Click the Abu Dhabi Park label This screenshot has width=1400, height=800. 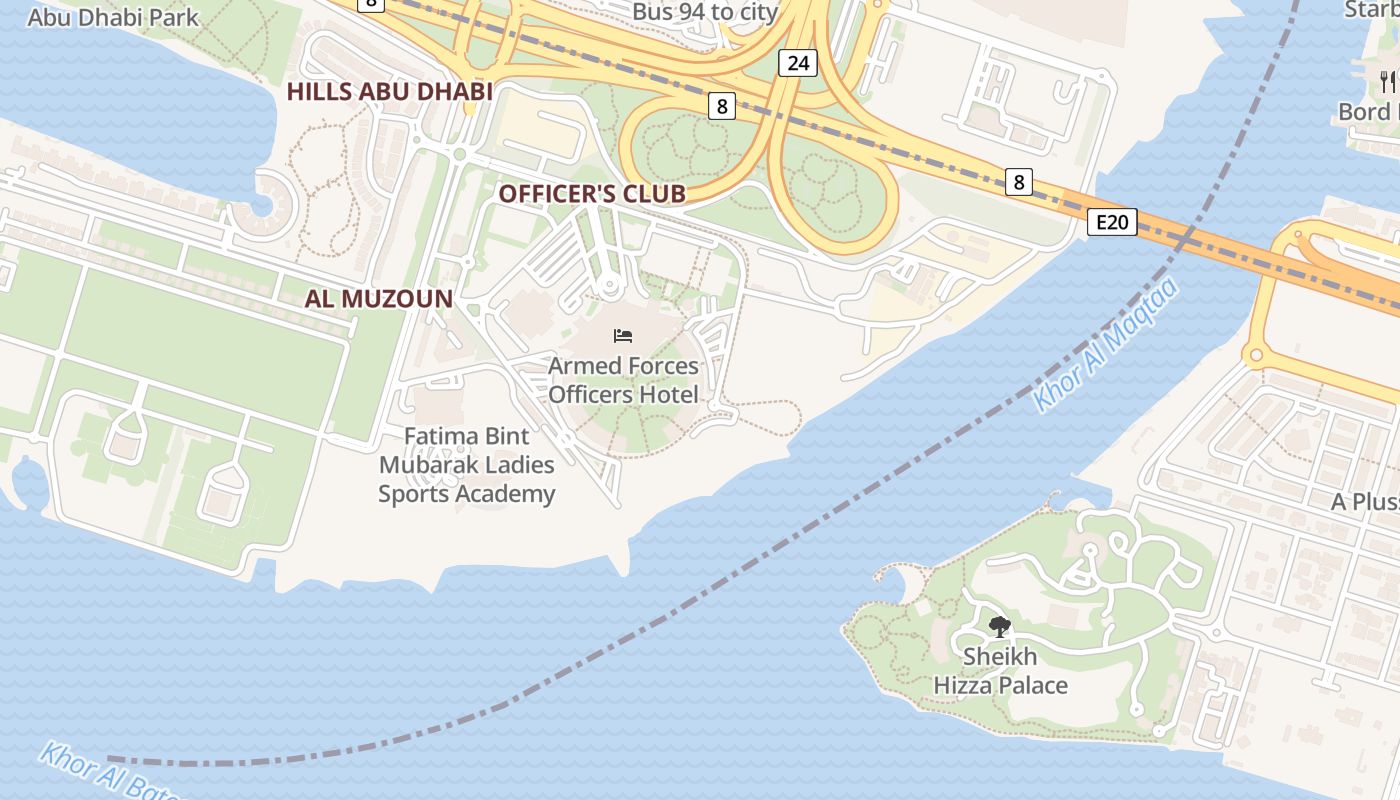pyautogui.click(x=113, y=17)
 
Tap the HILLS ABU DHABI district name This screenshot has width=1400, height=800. pyautogui.click(x=389, y=92)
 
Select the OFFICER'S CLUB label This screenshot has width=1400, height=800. pyautogui.click(x=592, y=194)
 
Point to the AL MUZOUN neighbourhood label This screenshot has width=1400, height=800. pyautogui.click(x=379, y=298)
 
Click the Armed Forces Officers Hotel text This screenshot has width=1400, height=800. pyautogui.click(x=623, y=380)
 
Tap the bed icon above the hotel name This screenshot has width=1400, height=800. pyautogui.click(x=623, y=336)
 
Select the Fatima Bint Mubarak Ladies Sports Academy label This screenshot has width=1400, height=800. pyautogui.click(x=466, y=465)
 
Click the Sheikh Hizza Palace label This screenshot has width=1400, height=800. pyautogui.click(x=1000, y=671)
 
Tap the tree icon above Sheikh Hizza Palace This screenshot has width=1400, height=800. pyautogui.click(x=999, y=627)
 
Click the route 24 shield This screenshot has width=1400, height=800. pyautogui.click(x=797, y=64)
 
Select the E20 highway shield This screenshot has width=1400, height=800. pyautogui.click(x=1112, y=222)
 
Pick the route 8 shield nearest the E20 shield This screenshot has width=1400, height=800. pyautogui.click(x=1019, y=182)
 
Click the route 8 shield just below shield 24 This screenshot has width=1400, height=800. pyautogui.click(x=722, y=106)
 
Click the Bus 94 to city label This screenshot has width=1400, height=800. pyautogui.click(x=705, y=12)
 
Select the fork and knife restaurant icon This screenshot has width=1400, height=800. pyautogui.click(x=1387, y=81)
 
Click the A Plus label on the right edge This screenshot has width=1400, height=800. pyautogui.click(x=1364, y=502)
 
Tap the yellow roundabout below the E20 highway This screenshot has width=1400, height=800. pyautogui.click(x=1254, y=354)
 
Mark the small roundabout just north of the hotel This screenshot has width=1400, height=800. pyautogui.click(x=608, y=287)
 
